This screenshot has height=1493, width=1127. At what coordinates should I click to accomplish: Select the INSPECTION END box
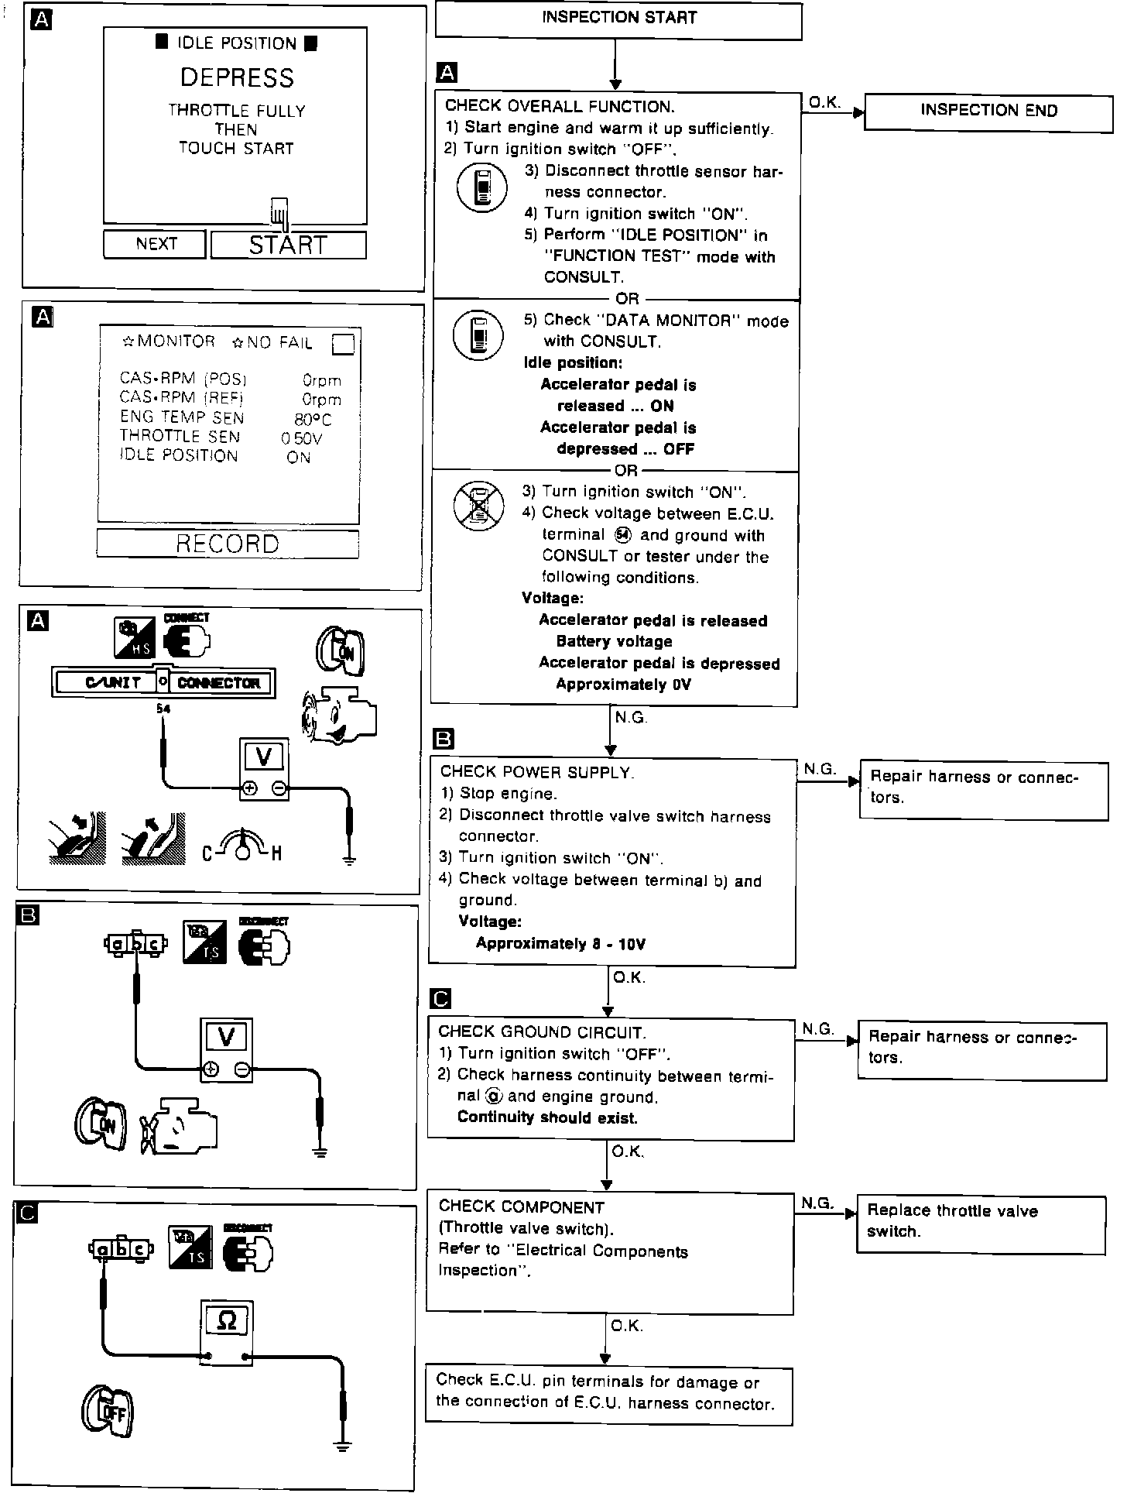988,111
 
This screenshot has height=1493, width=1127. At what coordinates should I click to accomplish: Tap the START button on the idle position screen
288,245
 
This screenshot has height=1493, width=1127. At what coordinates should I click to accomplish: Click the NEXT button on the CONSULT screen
156,244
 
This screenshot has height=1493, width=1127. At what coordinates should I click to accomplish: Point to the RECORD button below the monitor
228,544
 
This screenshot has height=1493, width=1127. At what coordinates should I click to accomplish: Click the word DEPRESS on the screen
237,77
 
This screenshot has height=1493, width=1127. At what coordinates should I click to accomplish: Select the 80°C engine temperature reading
313,419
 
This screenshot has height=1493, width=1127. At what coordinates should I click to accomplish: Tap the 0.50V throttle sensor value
302,438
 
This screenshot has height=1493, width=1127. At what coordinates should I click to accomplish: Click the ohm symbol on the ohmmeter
227,1320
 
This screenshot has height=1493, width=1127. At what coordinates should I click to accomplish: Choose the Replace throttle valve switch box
981,1221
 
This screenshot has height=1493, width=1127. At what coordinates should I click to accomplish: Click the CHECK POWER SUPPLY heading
537,772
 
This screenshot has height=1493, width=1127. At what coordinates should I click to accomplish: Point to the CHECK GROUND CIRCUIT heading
542,1031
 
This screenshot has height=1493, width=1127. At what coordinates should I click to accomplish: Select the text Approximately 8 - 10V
560,943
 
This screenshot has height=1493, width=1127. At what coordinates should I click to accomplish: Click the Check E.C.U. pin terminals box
609,1392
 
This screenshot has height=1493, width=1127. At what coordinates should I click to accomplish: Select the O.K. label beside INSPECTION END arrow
824,102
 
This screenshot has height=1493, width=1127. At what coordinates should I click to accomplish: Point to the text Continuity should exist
547,1117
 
